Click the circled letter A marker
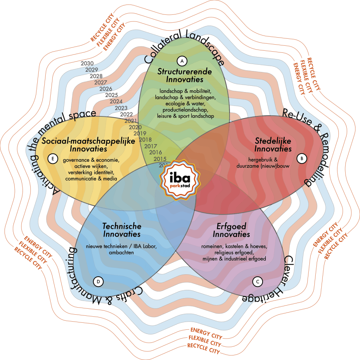click(x=182, y=61)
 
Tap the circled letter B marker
click(x=302, y=159)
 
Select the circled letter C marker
click(x=258, y=281)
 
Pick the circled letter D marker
click(x=98, y=281)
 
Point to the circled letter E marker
click(x=52, y=159)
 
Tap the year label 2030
click(x=87, y=64)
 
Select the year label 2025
click(x=111, y=95)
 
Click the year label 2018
click(x=145, y=140)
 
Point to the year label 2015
click(x=160, y=159)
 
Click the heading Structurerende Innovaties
click(x=185, y=75)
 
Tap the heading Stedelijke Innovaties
click(x=273, y=145)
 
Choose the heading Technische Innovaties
click(x=121, y=230)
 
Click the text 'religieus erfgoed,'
click(x=231, y=253)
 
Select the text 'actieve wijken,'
click(x=91, y=166)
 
